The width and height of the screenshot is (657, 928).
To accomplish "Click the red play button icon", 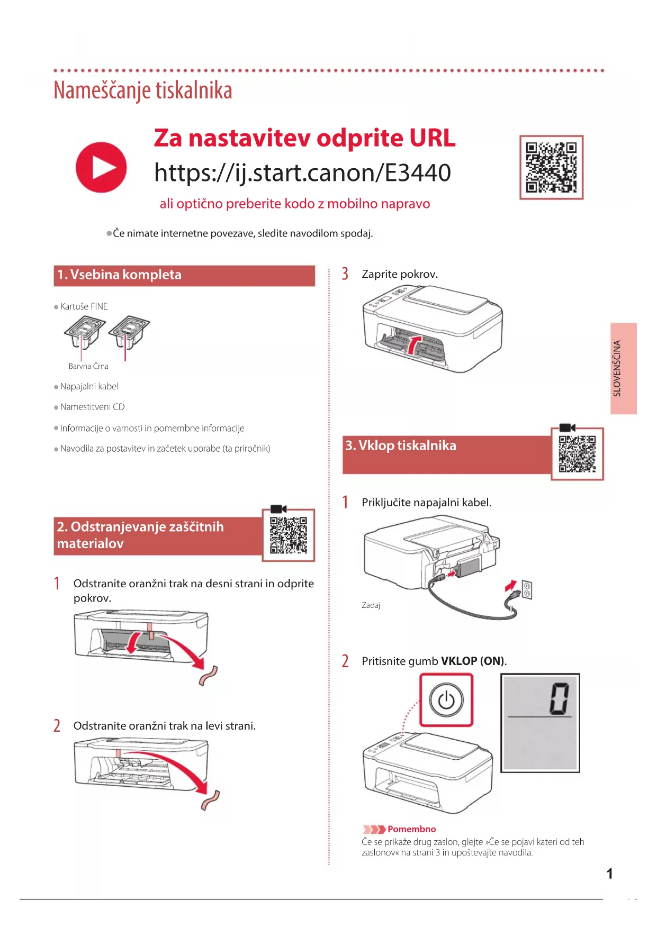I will pos(101,167).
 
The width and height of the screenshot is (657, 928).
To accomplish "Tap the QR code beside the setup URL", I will pos(551,167).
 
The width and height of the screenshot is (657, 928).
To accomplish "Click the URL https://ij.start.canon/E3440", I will pos(302,173).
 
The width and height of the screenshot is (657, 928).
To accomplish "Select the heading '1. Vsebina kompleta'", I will pos(120,275).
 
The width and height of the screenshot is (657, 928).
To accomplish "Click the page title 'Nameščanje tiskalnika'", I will pos(143,90).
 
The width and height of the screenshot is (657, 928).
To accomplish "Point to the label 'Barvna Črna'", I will pos(88,366).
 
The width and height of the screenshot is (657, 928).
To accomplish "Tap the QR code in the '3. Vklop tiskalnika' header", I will pos(577,454).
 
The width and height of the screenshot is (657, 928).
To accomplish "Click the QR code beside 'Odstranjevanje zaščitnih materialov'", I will pos(289,534).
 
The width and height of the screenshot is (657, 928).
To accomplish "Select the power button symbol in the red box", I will pos(446,700).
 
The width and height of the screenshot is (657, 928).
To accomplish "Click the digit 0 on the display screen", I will pos(559,698).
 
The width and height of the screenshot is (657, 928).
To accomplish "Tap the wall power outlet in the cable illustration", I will pos(527,589).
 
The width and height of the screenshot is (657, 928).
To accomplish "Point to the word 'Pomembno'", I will pos(411,829).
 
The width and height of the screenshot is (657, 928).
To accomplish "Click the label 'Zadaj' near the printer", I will pos(371,605).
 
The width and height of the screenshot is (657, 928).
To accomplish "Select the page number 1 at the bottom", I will pos(609,874).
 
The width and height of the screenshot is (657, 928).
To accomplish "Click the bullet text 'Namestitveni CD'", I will pos(92,407).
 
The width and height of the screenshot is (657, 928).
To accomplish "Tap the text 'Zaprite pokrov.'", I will pos(400,274).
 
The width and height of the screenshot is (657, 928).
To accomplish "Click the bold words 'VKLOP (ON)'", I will pos(473,661).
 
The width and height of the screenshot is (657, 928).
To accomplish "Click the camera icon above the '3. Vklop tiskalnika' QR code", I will pos(567,427).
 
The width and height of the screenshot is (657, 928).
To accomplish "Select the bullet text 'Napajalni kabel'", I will pos(89,387).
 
